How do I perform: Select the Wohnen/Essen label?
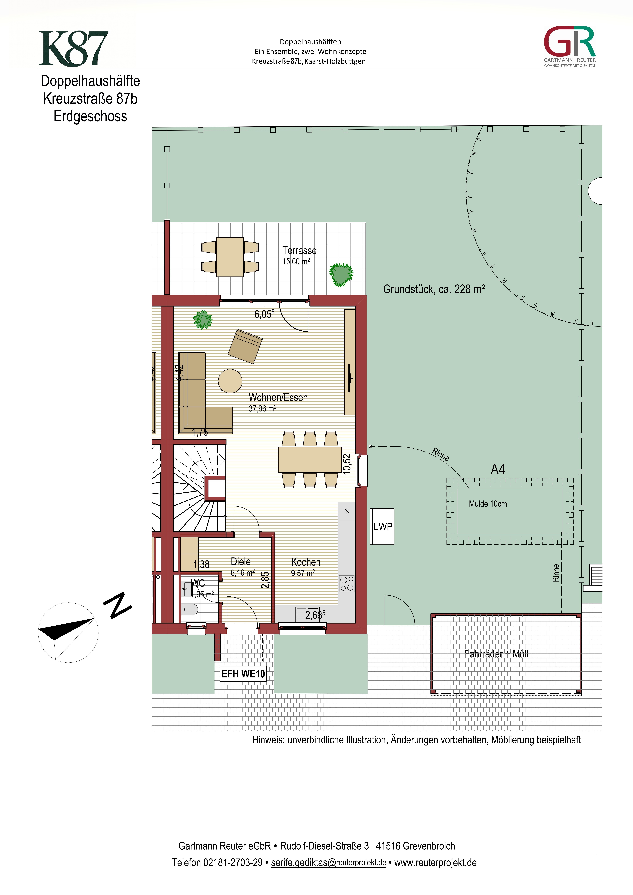click(278, 398)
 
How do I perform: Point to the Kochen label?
click(306, 562)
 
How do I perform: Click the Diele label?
click(241, 562)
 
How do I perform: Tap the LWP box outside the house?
click(382, 527)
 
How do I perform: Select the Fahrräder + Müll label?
click(496, 654)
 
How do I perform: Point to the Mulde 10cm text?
click(488, 504)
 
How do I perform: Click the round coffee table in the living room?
click(230, 381)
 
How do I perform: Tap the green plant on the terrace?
click(341, 274)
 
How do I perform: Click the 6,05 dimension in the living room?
click(264, 314)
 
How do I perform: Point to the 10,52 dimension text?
click(347, 464)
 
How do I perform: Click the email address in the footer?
click(328, 863)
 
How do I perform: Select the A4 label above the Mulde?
click(498, 469)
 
